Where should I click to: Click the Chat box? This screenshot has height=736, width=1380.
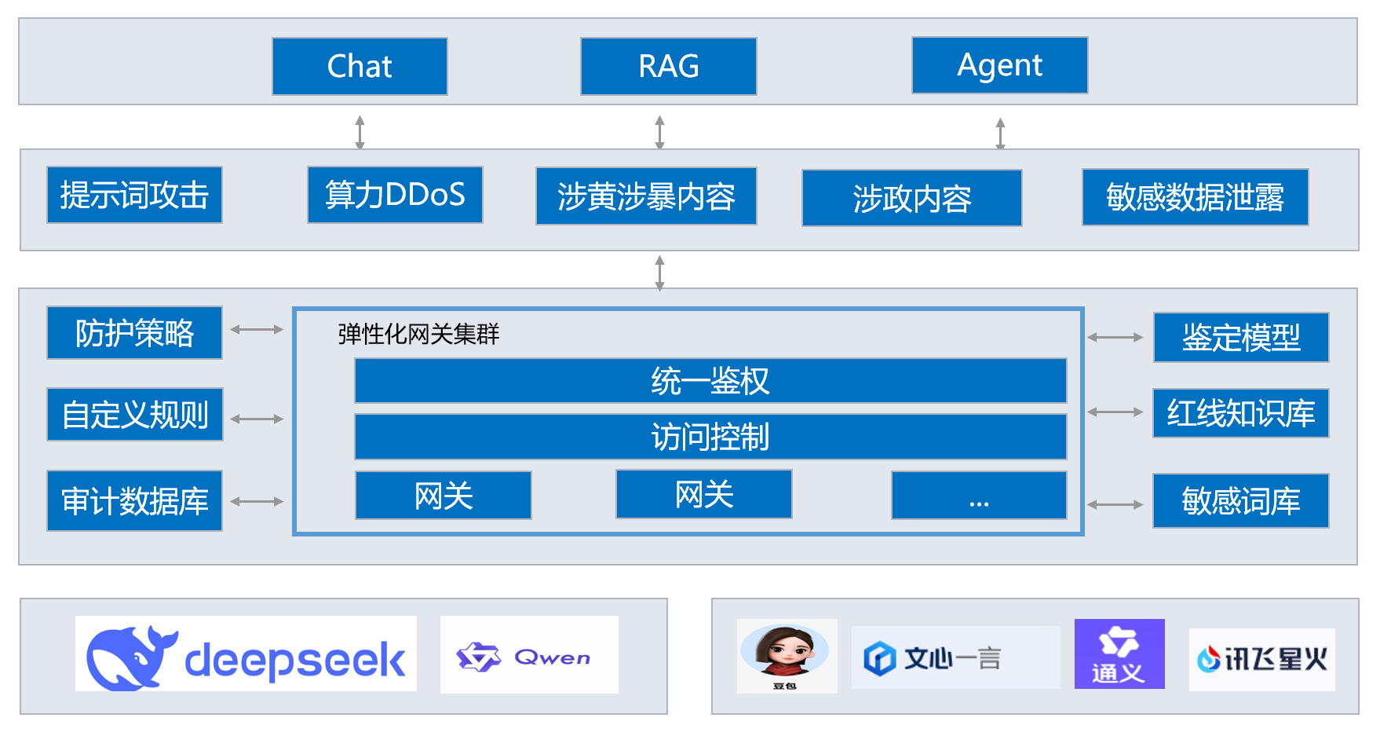[x=360, y=67]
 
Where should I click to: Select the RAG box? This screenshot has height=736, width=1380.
[x=668, y=67]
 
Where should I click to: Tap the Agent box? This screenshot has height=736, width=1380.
[x=999, y=65]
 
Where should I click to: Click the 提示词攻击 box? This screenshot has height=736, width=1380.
[x=134, y=195]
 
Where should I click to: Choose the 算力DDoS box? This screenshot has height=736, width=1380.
[x=395, y=195]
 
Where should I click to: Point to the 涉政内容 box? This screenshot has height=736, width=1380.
[x=911, y=198]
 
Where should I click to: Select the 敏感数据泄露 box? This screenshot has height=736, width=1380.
[x=1195, y=197]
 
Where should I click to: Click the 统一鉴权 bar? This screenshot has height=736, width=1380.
[x=710, y=381]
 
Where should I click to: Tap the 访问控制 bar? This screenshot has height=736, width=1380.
[x=710, y=437]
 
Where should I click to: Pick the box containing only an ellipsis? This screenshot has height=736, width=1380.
[x=979, y=496]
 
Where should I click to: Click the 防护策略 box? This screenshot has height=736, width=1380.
[x=134, y=333]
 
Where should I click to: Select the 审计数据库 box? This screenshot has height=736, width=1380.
[x=134, y=501]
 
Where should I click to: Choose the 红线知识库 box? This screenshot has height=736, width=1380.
[x=1240, y=413]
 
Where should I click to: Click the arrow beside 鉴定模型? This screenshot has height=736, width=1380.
[x=1115, y=338]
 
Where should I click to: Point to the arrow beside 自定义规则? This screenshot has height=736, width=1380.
[x=257, y=419]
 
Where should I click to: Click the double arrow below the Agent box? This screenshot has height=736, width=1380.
[x=1000, y=133]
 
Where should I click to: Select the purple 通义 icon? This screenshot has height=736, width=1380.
[x=1119, y=654]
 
